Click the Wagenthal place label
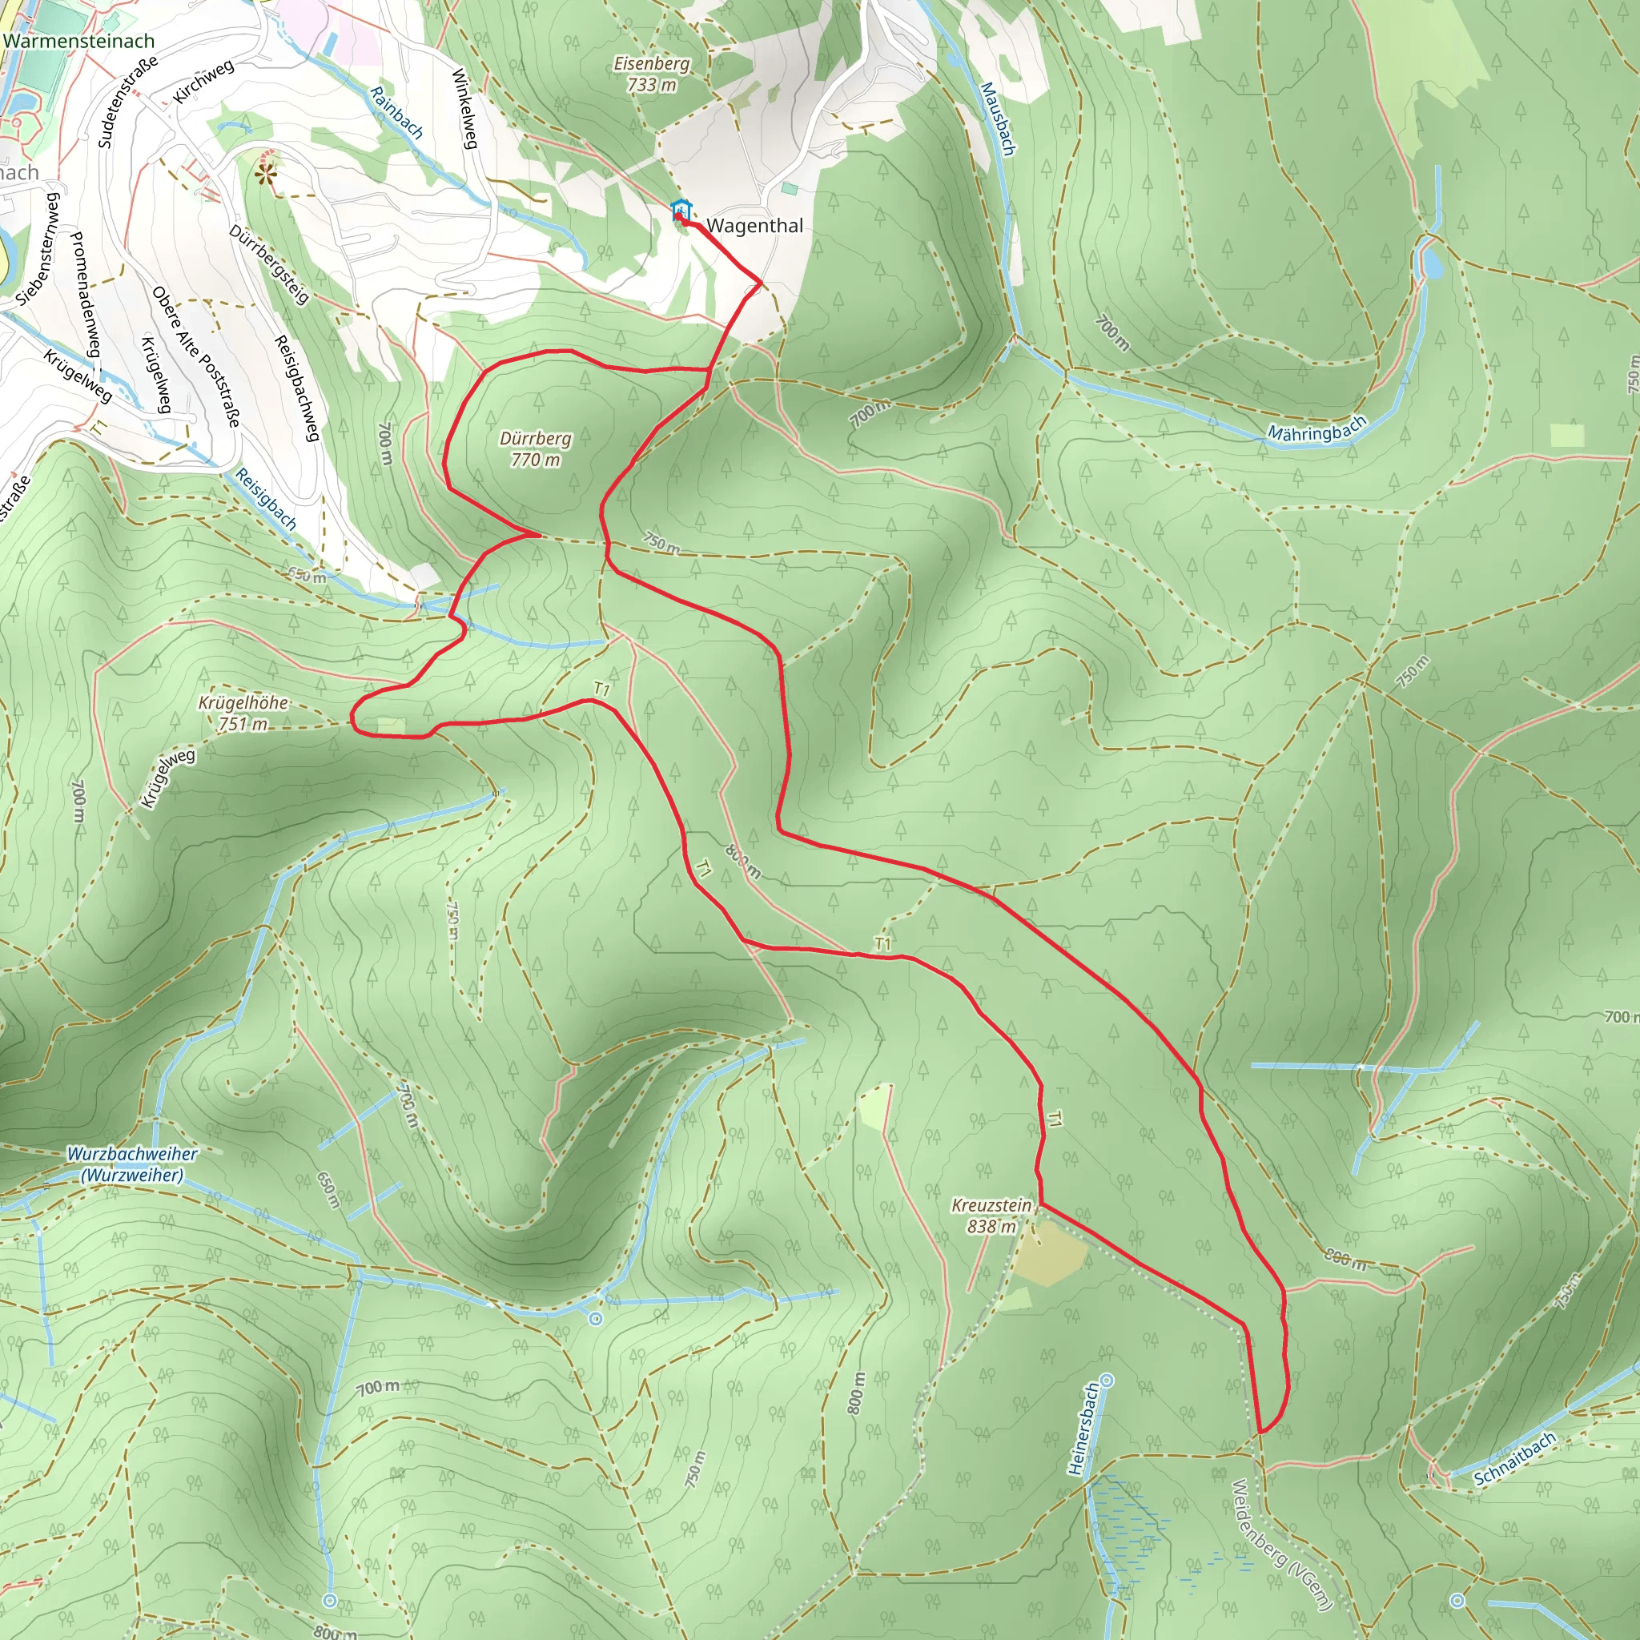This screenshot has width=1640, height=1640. click(x=754, y=226)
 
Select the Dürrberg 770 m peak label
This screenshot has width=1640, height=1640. click(x=535, y=449)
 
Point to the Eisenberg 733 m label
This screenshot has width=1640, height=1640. click(x=651, y=74)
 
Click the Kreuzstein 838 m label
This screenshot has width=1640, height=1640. click(x=991, y=1216)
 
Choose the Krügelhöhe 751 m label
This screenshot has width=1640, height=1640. click(x=243, y=713)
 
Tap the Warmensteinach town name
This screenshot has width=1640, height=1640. click(x=79, y=41)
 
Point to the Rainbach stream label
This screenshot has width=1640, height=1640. click(x=396, y=112)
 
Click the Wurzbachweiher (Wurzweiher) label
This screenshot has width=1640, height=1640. click(x=132, y=1164)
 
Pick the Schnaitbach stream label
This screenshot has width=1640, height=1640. click(x=1515, y=1458)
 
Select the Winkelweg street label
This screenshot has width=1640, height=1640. click(x=465, y=109)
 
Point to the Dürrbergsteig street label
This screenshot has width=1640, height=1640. click(x=268, y=264)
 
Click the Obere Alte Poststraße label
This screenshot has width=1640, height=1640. click(x=196, y=356)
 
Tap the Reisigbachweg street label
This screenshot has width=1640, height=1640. click(x=296, y=388)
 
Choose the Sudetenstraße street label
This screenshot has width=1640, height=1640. click(x=127, y=102)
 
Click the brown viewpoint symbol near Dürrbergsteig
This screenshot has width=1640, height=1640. click(x=267, y=175)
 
